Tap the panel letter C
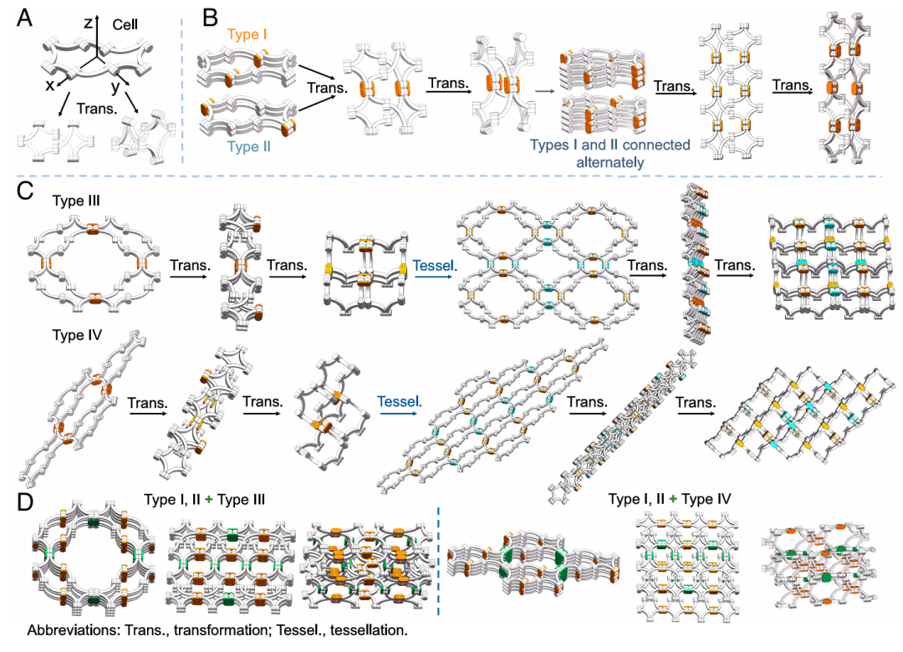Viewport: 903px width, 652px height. point(25,191)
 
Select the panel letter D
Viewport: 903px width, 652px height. point(25,502)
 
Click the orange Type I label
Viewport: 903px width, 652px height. point(247,34)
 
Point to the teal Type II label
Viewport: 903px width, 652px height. point(249,147)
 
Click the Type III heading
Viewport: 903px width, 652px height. point(76,201)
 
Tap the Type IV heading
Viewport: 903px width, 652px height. point(77,334)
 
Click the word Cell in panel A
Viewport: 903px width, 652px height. point(125,25)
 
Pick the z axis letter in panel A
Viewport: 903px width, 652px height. point(88,23)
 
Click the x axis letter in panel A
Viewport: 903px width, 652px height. point(50,85)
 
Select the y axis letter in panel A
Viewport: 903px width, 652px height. point(115,87)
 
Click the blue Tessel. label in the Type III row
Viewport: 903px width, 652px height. point(435,266)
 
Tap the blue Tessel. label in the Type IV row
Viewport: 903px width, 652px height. point(400,401)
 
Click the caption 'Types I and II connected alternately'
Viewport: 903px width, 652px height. point(610,153)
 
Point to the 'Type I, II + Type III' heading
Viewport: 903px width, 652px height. point(205,499)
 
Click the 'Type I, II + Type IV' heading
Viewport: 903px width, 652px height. point(670,499)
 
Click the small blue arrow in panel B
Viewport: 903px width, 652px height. point(544,90)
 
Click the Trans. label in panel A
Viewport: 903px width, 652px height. point(97,109)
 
